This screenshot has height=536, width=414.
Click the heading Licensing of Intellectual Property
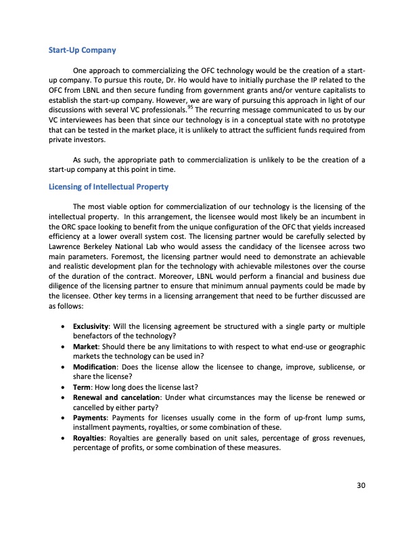[108, 186]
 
